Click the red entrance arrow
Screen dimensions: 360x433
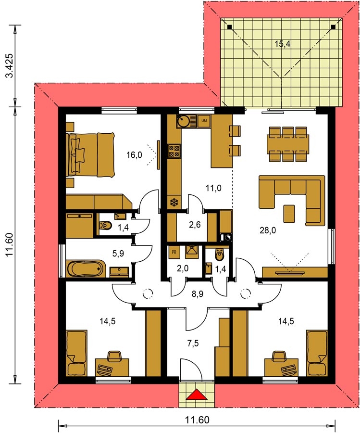click(197, 395)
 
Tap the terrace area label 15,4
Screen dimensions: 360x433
click(283, 44)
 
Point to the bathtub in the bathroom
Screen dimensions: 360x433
click(86, 268)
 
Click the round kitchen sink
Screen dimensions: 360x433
click(183, 121)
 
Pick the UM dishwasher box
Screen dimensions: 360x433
click(204, 121)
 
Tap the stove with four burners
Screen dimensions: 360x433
click(174, 152)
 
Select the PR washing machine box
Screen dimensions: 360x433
click(174, 252)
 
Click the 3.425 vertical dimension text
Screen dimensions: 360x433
click(10, 66)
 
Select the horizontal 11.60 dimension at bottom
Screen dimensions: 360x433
click(197, 420)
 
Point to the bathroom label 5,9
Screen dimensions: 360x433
click(118, 253)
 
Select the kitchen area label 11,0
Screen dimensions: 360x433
click(213, 188)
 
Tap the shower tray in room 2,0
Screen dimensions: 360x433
click(191, 251)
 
